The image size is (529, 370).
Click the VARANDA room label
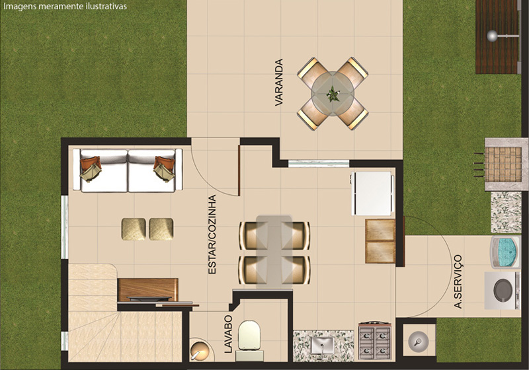[279, 83]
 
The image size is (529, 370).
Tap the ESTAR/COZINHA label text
[212, 234]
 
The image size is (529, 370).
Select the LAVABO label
[228, 334]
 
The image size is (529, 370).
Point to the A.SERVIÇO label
[458, 281]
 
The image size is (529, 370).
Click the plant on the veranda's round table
[333, 93]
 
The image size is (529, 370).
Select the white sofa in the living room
[128, 170]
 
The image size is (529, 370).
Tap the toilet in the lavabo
[250, 340]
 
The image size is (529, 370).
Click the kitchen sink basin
[322, 346]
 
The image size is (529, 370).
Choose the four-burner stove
[375, 342]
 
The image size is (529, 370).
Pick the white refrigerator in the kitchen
[372, 194]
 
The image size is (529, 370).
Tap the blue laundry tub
[505, 252]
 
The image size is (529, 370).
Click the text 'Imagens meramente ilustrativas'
[65, 6]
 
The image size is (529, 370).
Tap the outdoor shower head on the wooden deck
[493, 36]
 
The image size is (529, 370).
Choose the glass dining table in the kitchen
[274, 252]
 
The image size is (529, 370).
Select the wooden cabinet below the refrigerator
[380, 241]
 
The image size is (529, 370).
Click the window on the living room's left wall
[64, 227]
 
